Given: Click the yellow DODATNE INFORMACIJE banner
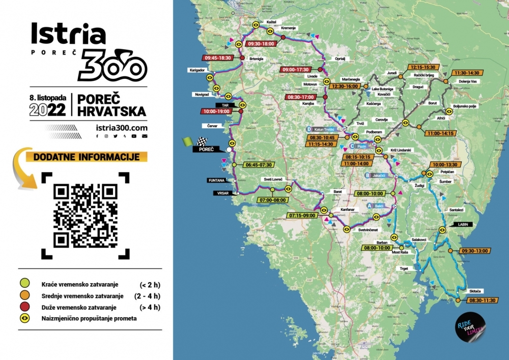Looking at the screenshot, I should (x=86, y=157).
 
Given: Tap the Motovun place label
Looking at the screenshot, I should (x=310, y=84).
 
